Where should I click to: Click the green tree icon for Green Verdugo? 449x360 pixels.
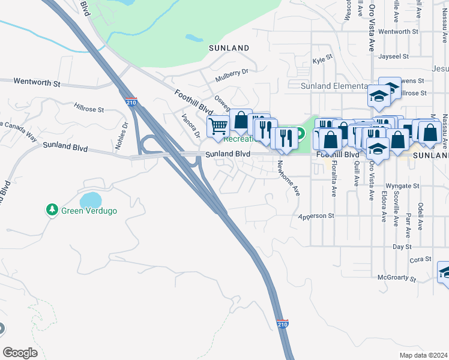click(52, 210)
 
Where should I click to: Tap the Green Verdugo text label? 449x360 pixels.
click(89, 211)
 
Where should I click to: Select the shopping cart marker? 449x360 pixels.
click(217, 126)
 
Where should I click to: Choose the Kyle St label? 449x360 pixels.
click(322, 61)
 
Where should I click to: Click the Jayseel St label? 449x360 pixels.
click(394, 56)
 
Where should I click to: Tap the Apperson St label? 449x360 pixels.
click(315, 216)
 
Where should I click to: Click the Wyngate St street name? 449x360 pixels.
click(400, 186)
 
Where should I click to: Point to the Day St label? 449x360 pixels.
click(402, 246)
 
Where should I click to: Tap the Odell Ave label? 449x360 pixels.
click(420, 216)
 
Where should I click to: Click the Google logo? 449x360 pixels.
click(20, 353)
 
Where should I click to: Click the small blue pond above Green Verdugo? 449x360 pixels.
click(90, 199)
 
